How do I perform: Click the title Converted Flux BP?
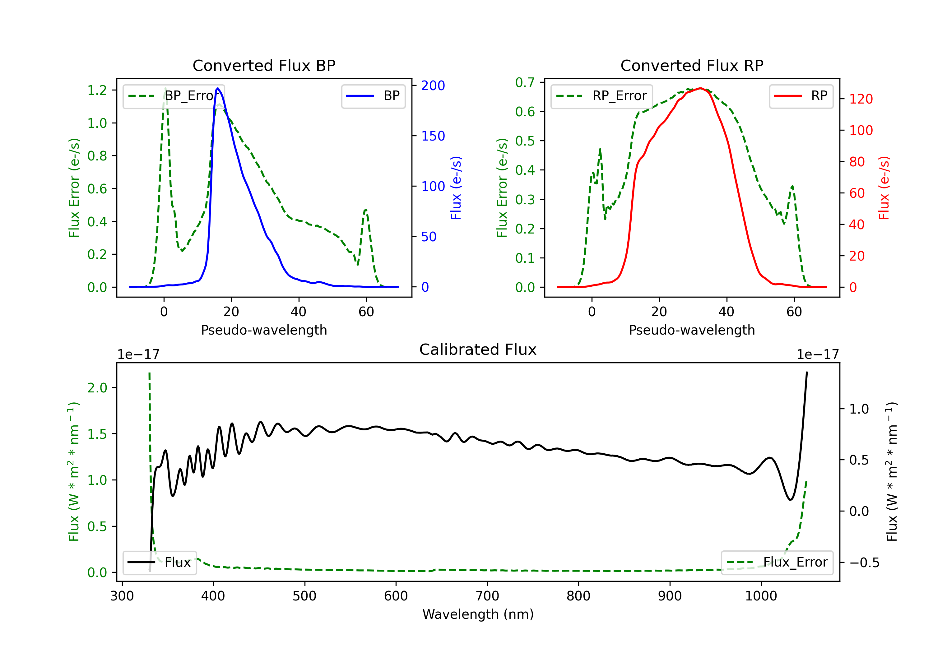[x=264, y=65]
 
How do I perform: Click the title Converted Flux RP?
[x=692, y=65]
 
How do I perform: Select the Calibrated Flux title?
[x=478, y=350]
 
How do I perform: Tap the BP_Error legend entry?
[x=174, y=96]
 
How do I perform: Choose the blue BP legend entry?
[x=373, y=96]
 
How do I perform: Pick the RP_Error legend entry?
[x=601, y=96]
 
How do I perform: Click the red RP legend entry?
[x=801, y=96]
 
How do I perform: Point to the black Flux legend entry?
[x=159, y=563]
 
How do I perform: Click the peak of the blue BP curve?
[x=218, y=88]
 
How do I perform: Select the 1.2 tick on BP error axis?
[x=97, y=90]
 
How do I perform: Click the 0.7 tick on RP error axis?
[x=525, y=82]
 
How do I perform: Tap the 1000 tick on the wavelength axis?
[x=761, y=596]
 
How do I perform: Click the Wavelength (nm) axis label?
[x=478, y=614]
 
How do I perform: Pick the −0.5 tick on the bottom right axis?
[x=864, y=563]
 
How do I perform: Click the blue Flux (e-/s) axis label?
[x=456, y=188]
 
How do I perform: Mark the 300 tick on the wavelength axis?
[x=122, y=596]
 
